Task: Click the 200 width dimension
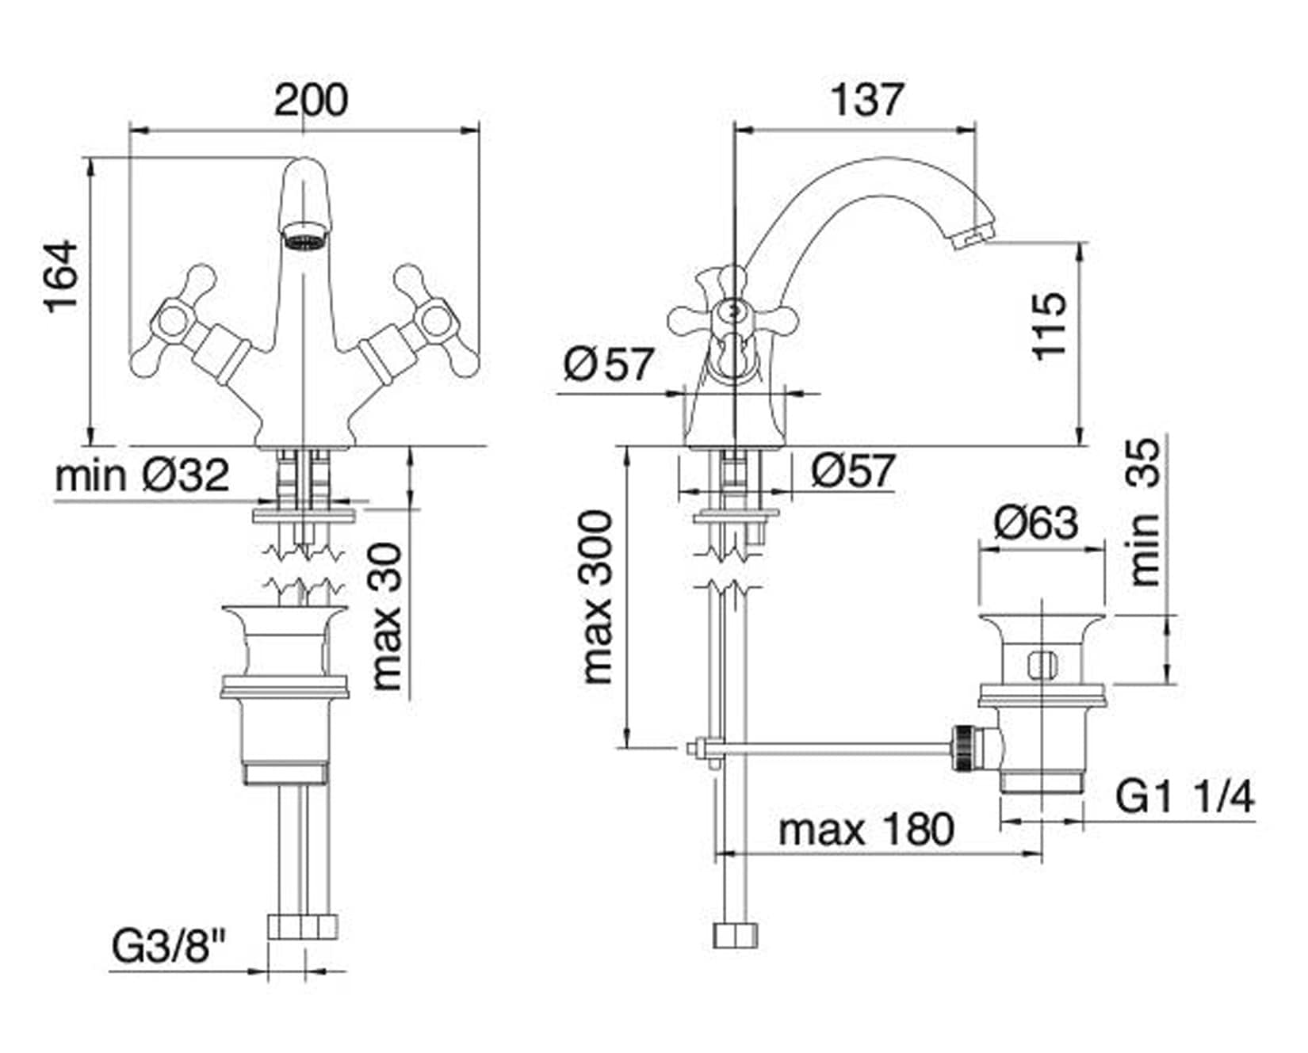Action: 311,101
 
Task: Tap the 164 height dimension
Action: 63,276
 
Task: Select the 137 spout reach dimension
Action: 866,100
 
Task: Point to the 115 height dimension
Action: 1050,326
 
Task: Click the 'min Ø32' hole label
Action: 142,475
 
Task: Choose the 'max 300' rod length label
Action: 598,597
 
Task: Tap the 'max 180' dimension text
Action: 866,830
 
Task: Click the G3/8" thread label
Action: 169,946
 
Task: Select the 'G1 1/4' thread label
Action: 1186,796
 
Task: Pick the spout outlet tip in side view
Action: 973,237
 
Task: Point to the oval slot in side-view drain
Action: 1043,664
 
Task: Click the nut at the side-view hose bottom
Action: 736,935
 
